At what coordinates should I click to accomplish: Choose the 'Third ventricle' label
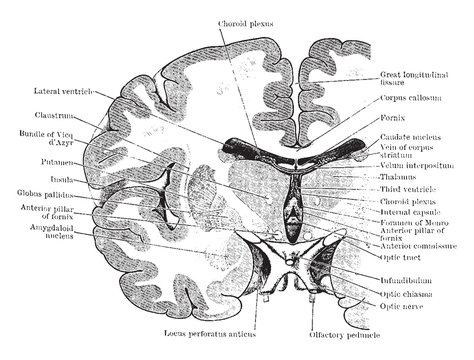[x=406, y=187]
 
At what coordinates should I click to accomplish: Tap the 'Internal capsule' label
[x=408, y=213]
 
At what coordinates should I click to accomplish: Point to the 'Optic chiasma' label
[x=406, y=295]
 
